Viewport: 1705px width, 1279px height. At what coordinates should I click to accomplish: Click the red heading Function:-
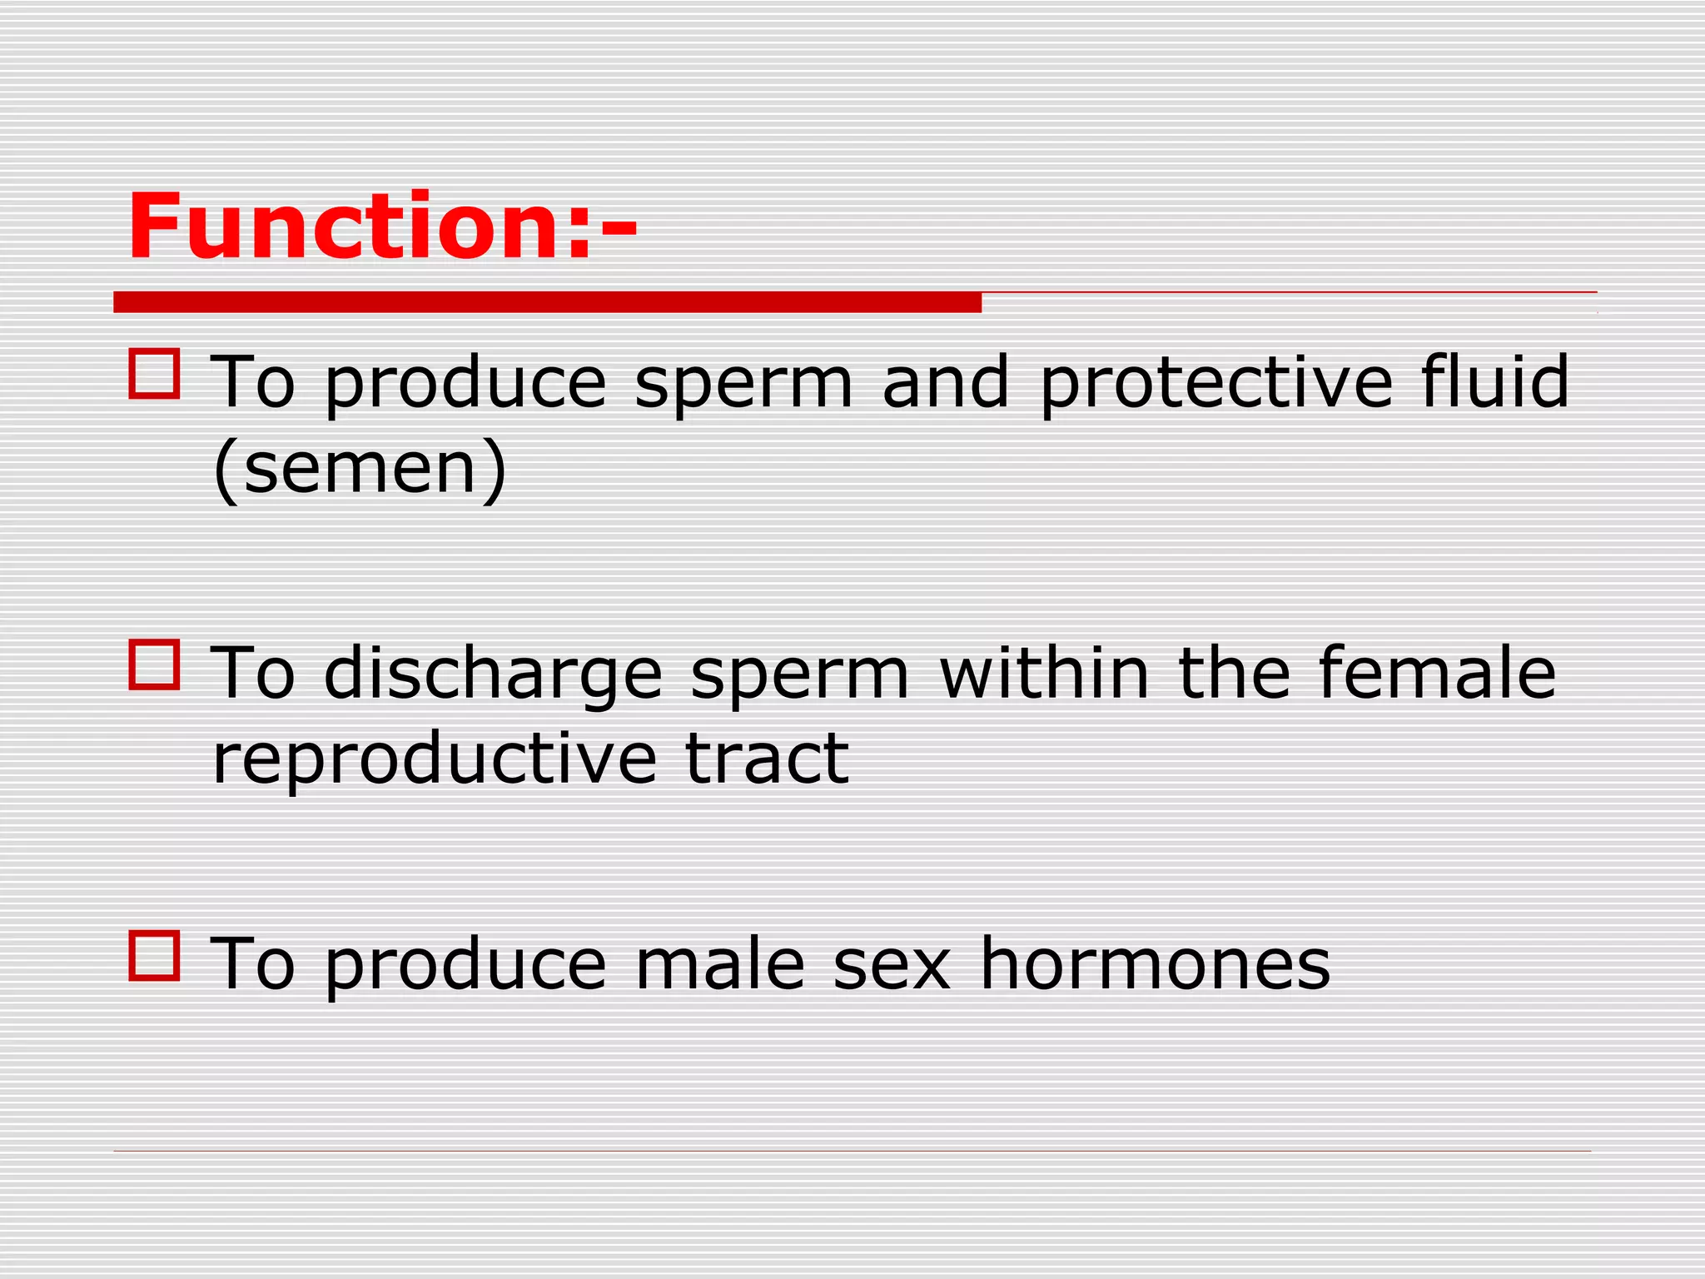click(x=382, y=226)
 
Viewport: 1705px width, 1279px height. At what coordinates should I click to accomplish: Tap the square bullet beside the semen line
click(x=155, y=374)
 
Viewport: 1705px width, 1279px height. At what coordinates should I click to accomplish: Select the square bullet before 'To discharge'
click(x=155, y=664)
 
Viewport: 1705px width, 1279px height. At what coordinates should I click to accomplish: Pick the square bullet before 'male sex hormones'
click(x=155, y=955)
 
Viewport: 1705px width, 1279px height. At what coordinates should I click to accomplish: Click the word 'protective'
click(x=1216, y=383)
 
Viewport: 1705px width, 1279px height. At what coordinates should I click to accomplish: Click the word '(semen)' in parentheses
click(x=360, y=468)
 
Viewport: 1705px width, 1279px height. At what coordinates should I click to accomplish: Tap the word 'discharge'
click(x=493, y=674)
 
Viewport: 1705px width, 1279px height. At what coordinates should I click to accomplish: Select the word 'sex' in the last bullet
click(x=892, y=966)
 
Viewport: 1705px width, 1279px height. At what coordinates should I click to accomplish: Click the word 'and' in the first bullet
click(x=946, y=383)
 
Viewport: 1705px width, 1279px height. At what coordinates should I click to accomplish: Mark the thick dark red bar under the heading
click(x=547, y=302)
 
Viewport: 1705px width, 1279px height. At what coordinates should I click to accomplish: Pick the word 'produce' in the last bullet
click(x=465, y=966)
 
